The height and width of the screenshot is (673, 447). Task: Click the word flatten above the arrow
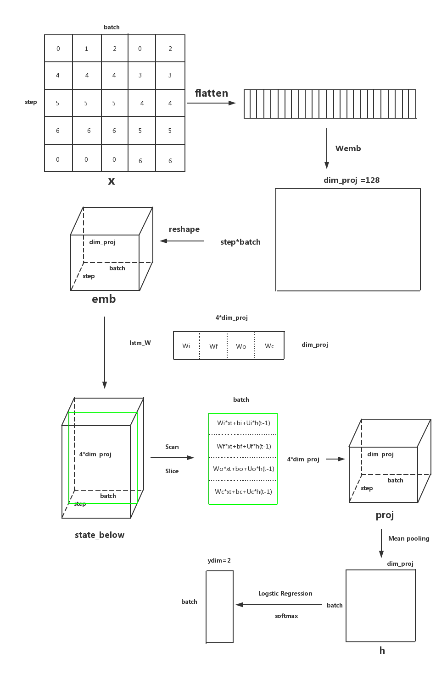tap(211, 93)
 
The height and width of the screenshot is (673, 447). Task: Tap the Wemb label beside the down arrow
tap(348, 148)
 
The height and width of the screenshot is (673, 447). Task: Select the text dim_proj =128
tap(352, 180)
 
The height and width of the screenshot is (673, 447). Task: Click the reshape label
tap(184, 229)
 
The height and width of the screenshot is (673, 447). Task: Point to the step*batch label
tap(240, 242)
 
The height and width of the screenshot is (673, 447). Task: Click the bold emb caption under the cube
tap(104, 299)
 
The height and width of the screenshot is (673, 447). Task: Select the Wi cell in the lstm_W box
tap(186, 346)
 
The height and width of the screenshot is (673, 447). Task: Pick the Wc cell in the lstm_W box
tap(269, 346)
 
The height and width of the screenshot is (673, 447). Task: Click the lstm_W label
tap(140, 343)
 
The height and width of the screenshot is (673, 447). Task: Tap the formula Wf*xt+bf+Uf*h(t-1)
tap(244, 446)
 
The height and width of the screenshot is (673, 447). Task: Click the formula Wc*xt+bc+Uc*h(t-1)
tap(243, 492)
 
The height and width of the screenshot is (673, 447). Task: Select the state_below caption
tap(100, 535)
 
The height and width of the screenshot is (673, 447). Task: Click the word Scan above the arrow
tap(172, 447)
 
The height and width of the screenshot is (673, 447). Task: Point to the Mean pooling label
tap(408, 538)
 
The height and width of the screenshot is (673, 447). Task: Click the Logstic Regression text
tap(285, 593)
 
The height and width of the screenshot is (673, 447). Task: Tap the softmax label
tap(286, 616)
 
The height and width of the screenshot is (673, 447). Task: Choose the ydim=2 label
tap(219, 560)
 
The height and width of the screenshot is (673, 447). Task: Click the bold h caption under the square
tap(382, 651)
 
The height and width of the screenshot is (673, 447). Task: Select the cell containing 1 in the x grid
tap(87, 49)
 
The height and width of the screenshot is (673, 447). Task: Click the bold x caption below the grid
tap(112, 181)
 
